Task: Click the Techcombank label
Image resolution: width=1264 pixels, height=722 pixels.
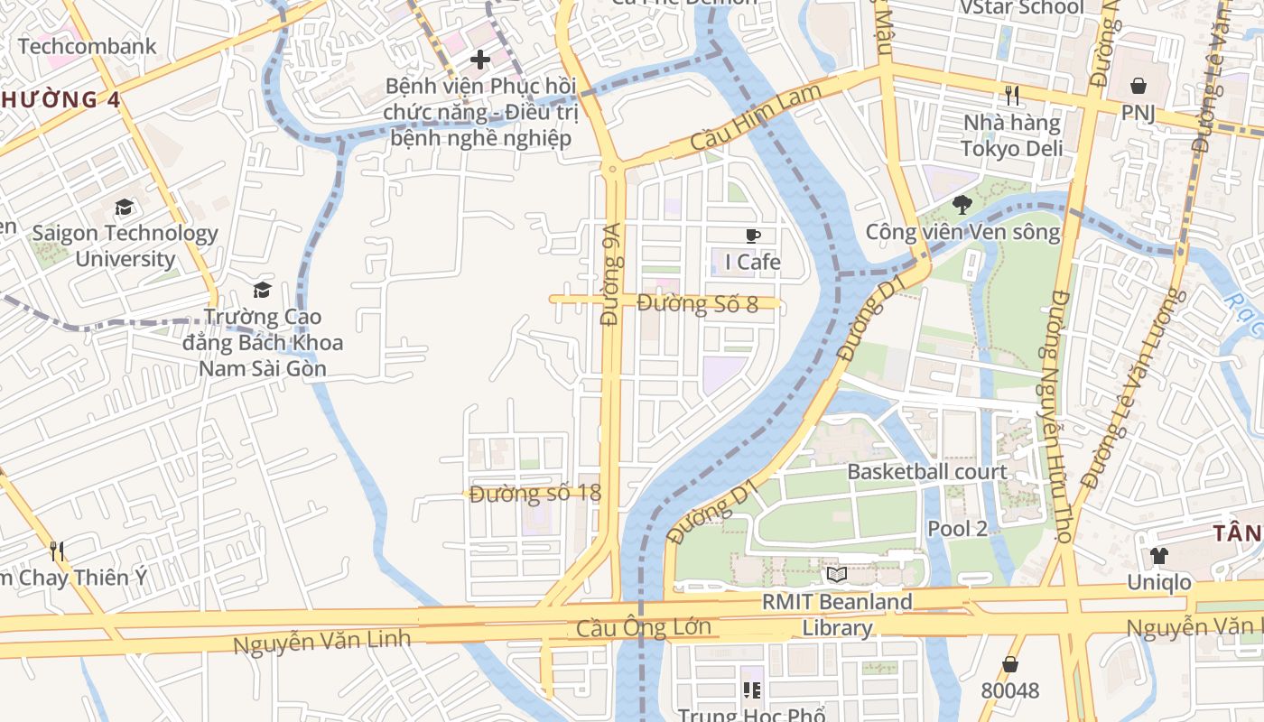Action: (x=87, y=46)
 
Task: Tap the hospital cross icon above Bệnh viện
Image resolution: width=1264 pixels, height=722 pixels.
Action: (x=480, y=60)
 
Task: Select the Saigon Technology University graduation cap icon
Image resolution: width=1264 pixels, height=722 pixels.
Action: (x=124, y=208)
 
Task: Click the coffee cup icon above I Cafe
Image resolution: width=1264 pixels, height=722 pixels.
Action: (x=753, y=236)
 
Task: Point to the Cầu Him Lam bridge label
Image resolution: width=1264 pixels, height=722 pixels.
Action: (x=756, y=118)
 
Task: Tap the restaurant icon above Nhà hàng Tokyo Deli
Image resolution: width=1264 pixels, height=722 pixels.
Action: (x=1012, y=95)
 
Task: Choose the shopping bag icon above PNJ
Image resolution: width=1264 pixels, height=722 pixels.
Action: (x=1139, y=86)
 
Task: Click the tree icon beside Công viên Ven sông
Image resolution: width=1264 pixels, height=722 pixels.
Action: (x=962, y=205)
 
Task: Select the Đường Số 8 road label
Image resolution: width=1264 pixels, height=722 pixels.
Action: (x=698, y=303)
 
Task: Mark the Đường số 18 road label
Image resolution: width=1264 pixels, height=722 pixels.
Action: (x=535, y=494)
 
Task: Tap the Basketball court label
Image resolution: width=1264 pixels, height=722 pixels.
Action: (x=927, y=472)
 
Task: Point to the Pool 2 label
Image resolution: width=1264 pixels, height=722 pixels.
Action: (x=958, y=529)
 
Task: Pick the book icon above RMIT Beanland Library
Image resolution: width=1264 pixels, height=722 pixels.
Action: (x=837, y=574)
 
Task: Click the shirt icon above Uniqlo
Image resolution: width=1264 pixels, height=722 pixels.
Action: (x=1158, y=556)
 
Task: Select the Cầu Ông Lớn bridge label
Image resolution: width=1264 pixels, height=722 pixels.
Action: (x=644, y=627)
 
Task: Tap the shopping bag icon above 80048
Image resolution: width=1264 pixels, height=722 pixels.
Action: (x=1010, y=664)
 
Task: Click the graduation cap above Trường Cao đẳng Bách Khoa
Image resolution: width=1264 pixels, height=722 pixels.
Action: (x=263, y=290)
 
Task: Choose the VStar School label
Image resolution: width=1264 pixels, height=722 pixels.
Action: (x=1021, y=8)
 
